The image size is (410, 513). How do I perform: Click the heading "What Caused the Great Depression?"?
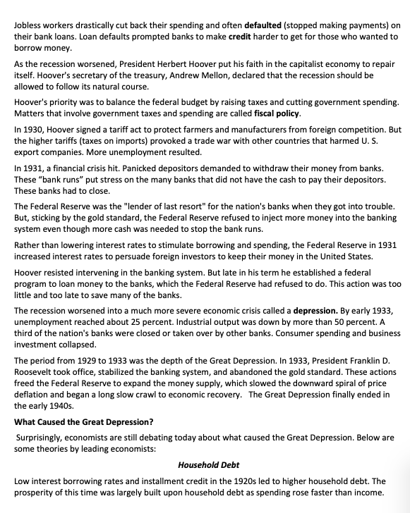pos(84,422)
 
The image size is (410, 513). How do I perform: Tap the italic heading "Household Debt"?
pos(208,465)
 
